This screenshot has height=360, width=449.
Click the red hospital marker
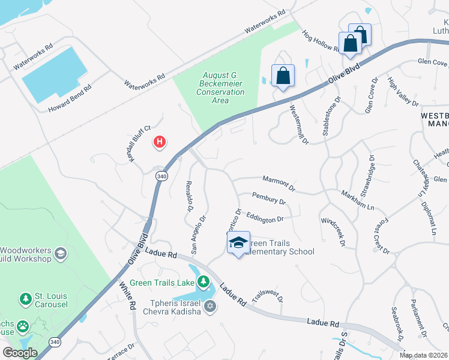click(x=160, y=142)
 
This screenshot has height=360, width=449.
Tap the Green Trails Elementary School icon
click(x=238, y=242)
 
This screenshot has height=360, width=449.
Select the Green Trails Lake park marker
click(x=204, y=281)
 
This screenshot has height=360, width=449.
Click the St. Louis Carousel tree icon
click(x=25, y=299)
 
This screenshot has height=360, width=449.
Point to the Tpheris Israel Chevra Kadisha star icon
click(x=209, y=307)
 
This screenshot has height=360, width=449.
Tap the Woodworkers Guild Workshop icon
click(x=60, y=254)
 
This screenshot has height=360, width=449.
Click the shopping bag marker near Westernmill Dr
click(x=283, y=76)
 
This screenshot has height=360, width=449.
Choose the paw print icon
click(x=23, y=326)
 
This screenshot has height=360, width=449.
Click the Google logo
click(x=20, y=353)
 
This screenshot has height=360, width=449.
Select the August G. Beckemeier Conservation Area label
click(x=221, y=88)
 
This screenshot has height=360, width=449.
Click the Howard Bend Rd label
click(x=70, y=99)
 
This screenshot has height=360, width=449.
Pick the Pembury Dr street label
click(x=268, y=199)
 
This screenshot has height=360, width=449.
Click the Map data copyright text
click(x=423, y=355)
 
